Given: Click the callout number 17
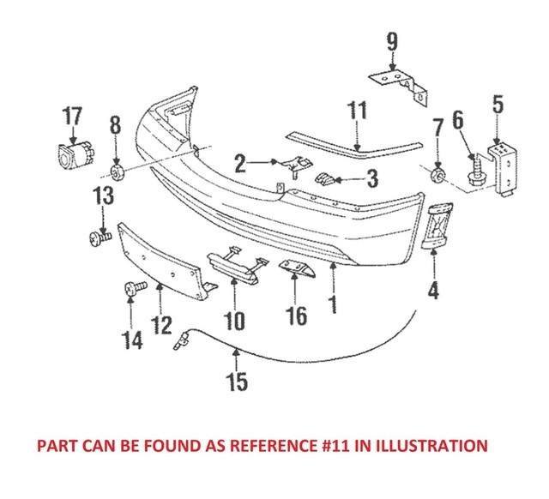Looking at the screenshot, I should click(x=72, y=116).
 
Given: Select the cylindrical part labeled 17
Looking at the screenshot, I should click(x=73, y=159).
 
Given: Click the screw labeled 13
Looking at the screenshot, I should click(x=96, y=237).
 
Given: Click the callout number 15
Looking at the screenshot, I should click(x=237, y=380).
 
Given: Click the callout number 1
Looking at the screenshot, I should click(x=332, y=304).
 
